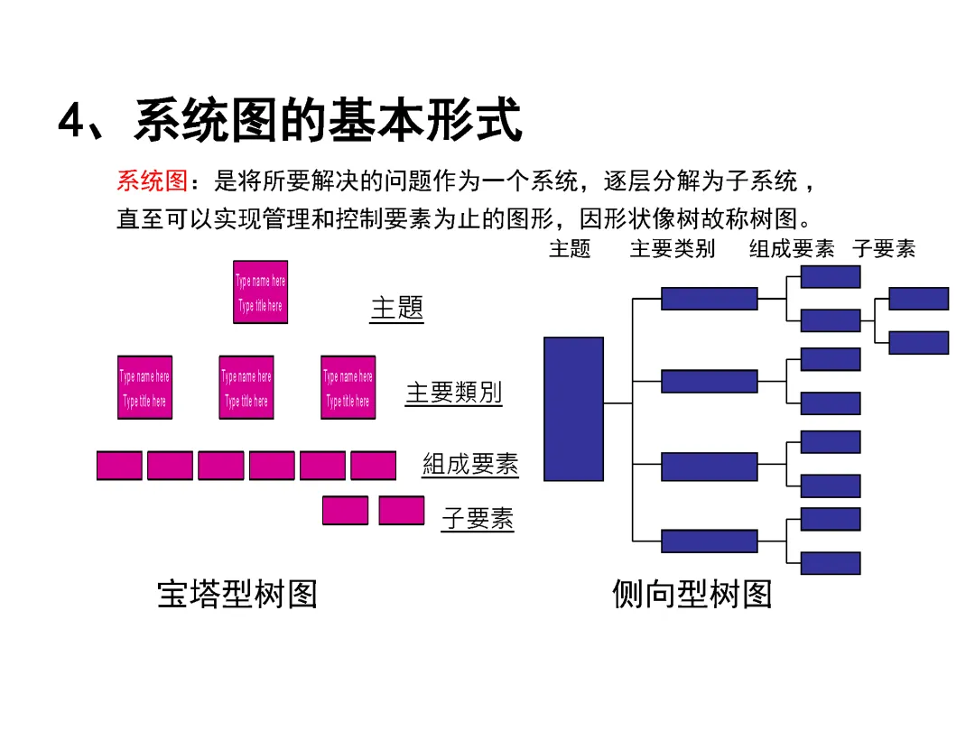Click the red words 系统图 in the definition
tap(152, 181)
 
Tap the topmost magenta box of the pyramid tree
tap(260, 292)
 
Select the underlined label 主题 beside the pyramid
tap(396, 308)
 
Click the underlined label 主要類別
tap(453, 393)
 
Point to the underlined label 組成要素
tap(470, 465)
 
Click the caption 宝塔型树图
tap(237, 594)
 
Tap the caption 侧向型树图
tap(692, 594)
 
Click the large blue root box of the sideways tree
tap(573, 409)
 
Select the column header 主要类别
tap(673, 249)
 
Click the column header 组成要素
tap(792, 249)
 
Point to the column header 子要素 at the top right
tap(884, 249)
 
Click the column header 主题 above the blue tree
tap(570, 249)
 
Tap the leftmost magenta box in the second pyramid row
tap(144, 387)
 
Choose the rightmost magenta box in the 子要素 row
tap(401, 511)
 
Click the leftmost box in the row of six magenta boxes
tap(119, 465)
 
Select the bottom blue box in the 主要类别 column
tap(709, 541)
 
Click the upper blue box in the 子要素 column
tap(918, 299)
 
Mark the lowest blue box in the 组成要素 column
tap(830, 563)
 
